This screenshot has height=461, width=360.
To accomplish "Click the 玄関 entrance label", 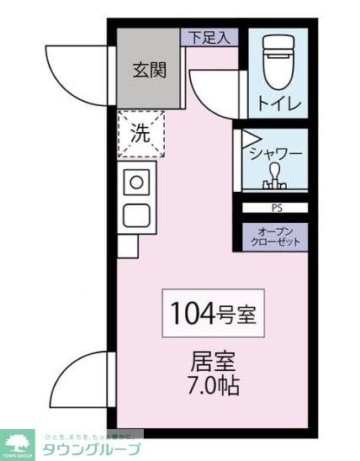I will [148, 71].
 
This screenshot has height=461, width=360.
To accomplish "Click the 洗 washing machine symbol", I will [140, 134].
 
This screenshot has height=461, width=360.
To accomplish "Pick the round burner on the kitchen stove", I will [136, 180].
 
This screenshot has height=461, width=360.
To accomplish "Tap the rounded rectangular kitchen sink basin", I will [136, 215].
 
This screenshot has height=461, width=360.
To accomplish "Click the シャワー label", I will [276, 153].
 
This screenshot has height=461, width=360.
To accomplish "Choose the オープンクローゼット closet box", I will [276, 236].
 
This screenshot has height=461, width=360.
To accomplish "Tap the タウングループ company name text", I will [92, 449].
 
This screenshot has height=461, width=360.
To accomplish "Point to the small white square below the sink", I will [127, 246].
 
